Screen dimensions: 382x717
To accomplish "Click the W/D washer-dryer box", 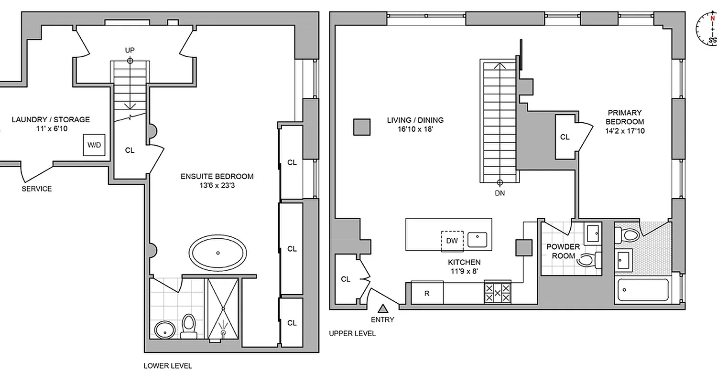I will pos(94,145).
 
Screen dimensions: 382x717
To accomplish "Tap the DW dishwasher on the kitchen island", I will pos(452,240).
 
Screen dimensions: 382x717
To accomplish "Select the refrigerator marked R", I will pos(427,293).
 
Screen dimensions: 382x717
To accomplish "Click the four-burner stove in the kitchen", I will pos(498,292).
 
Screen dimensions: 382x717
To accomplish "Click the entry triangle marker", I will pos(383,308).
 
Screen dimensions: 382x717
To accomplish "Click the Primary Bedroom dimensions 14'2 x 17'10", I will pos(625,130).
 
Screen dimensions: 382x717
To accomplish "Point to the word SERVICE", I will pos(37,189).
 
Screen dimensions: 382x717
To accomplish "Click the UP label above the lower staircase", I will pos(130,50).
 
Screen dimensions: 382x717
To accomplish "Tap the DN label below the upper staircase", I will pos(500,193).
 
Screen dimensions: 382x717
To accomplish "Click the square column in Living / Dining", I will pos(362,127).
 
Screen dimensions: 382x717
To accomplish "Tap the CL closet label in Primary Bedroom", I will pos(565,137).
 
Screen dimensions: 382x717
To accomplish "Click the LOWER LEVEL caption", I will pos(168,366).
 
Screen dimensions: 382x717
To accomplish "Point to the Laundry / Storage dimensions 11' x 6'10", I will pos(51,129).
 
